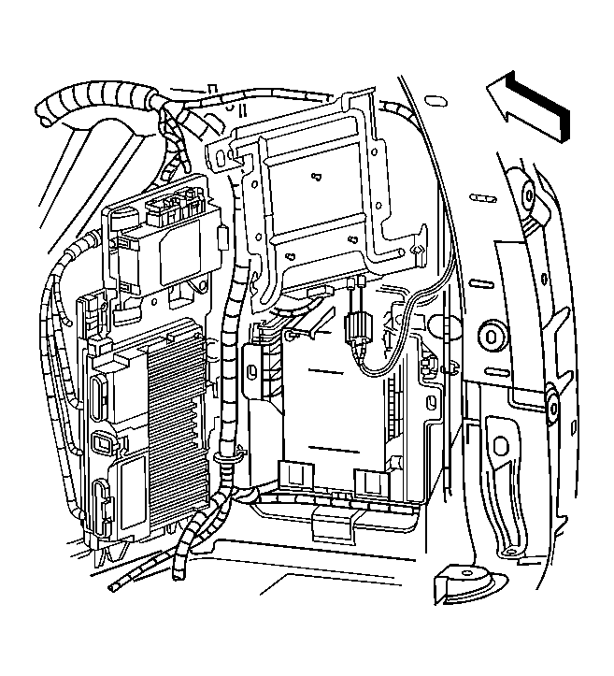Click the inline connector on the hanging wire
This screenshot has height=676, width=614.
(356, 329)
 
